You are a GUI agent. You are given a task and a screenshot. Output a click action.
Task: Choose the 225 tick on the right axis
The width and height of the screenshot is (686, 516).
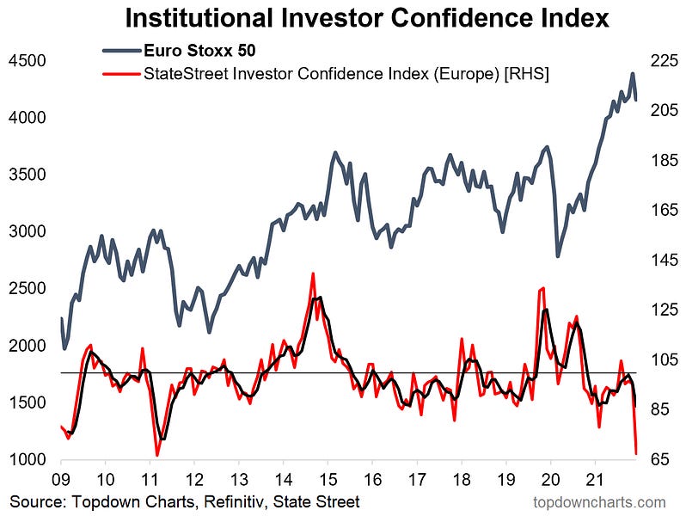pos(664,61)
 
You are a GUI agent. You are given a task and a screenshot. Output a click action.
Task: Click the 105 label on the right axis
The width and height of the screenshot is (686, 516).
pos(664,360)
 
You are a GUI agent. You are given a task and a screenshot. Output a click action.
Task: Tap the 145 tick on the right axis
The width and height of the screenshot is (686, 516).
pos(664,261)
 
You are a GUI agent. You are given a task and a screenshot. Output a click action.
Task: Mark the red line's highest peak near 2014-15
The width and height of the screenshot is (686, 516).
pos(312,273)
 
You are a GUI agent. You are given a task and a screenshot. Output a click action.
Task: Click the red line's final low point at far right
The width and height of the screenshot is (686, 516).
pos(636,452)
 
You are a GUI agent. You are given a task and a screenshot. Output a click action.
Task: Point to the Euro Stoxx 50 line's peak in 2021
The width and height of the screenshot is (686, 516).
pos(632,74)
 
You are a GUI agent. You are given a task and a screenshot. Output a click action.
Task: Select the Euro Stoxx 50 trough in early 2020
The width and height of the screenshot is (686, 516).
pos(557,255)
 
